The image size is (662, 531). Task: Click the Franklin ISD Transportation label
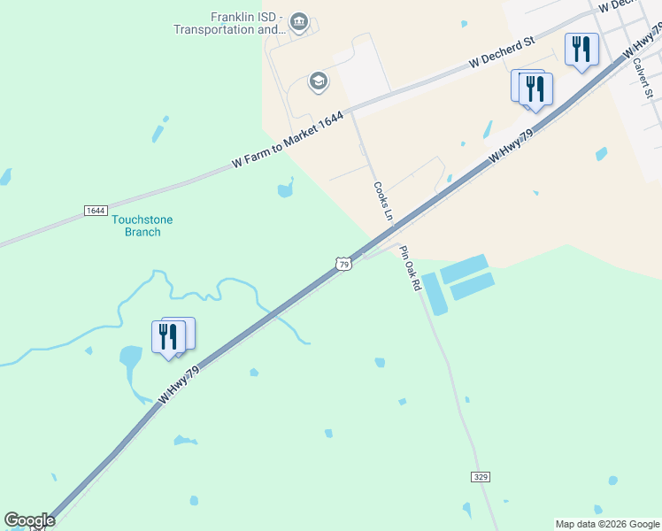tap(227, 23)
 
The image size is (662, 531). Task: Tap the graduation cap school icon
tap(317, 82)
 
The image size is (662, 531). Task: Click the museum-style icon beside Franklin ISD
tap(298, 21)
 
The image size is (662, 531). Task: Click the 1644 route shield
tap(96, 211)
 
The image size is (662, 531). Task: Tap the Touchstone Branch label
tap(142, 226)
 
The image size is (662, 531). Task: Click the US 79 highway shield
tap(344, 264)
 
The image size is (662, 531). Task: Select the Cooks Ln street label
tap(382, 201)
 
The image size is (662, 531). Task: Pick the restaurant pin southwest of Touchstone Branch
tap(169, 337)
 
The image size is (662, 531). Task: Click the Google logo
tap(29, 519)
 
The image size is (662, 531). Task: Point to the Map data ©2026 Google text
tap(607, 524)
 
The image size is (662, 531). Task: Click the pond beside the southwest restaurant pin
tap(130, 358)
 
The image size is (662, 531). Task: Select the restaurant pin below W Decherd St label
tap(535, 89)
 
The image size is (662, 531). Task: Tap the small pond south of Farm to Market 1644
tap(285, 188)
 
